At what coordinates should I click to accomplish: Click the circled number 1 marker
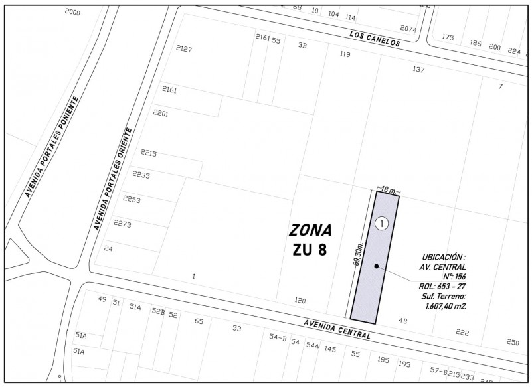(x=381, y=224)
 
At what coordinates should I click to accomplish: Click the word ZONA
(x=310, y=230)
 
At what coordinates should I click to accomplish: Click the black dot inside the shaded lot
(x=377, y=266)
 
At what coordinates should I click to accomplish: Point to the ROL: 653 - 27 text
(x=442, y=287)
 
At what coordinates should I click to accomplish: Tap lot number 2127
(x=184, y=50)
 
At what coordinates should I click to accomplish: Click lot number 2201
(x=160, y=114)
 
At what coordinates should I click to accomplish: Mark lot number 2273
(x=123, y=224)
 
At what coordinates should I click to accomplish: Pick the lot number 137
(x=418, y=70)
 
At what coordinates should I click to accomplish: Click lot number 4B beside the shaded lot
(x=402, y=321)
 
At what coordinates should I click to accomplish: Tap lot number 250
(x=512, y=342)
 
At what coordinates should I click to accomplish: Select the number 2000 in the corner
(x=72, y=13)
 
